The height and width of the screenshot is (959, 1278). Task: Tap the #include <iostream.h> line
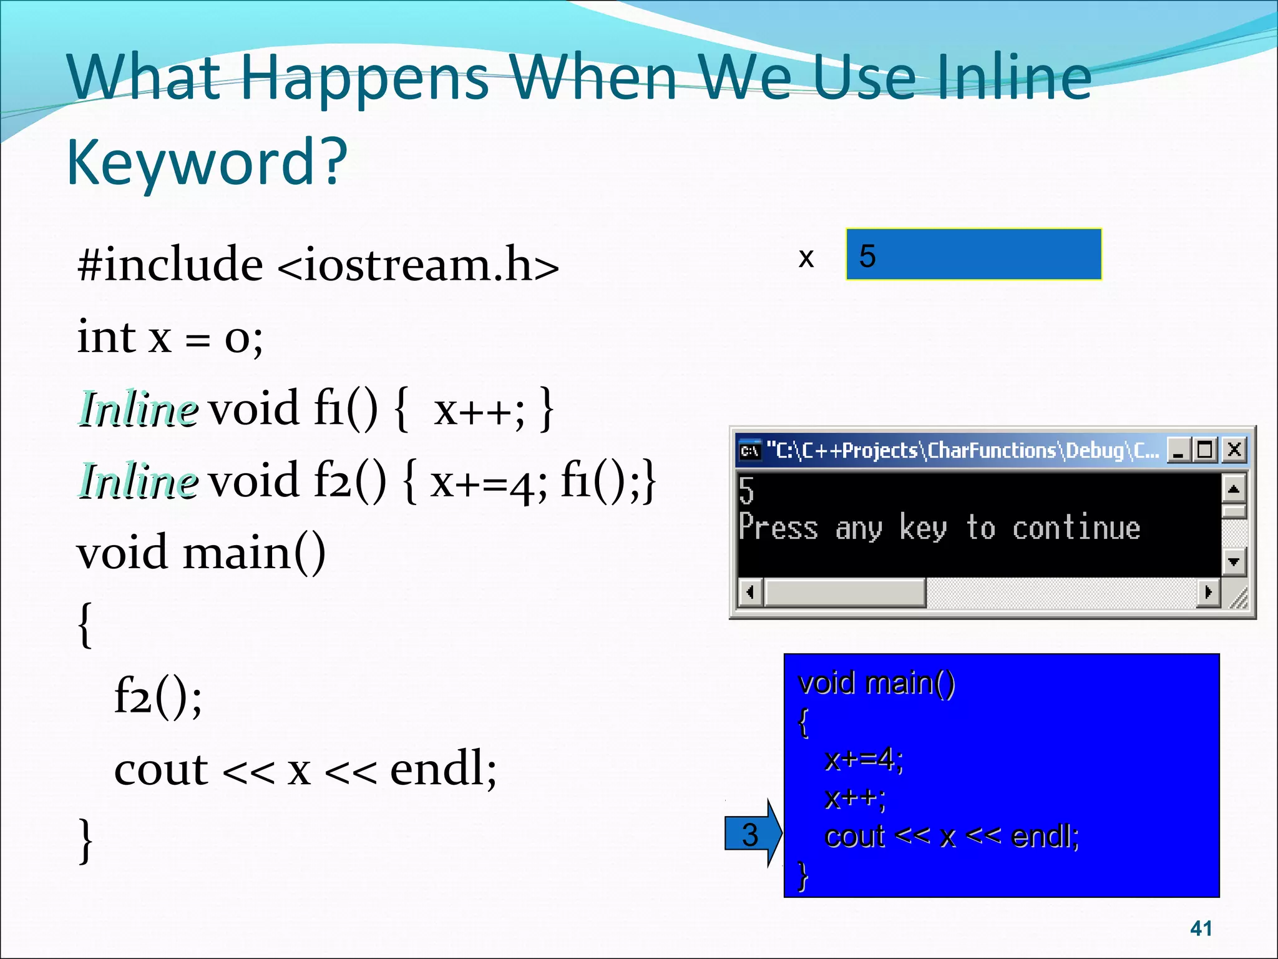[x=318, y=265]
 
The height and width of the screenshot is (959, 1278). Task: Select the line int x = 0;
[x=170, y=338]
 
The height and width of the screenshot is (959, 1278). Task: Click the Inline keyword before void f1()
[x=139, y=410]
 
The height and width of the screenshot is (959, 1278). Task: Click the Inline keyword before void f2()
[x=139, y=481]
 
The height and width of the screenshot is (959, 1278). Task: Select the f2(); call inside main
[x=158, y=697]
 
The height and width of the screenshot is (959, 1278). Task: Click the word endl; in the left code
[x=443, y=769]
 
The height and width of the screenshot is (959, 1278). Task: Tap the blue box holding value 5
[x=973, y=255]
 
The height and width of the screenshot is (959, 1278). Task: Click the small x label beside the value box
[x=806, y=257]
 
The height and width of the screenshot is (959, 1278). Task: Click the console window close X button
[x=1234, y=450]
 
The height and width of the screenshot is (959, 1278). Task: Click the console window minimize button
[x=1178, y=450]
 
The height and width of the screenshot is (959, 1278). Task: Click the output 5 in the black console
[x=746, y=490]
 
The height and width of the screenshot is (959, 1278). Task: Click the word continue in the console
[x=1076, y=528]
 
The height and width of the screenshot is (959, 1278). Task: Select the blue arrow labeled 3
[x=753, y=834]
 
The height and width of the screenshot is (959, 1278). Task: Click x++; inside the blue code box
[x=854, y=799]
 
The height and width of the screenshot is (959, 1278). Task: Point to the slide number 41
[x=1201, y=928]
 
